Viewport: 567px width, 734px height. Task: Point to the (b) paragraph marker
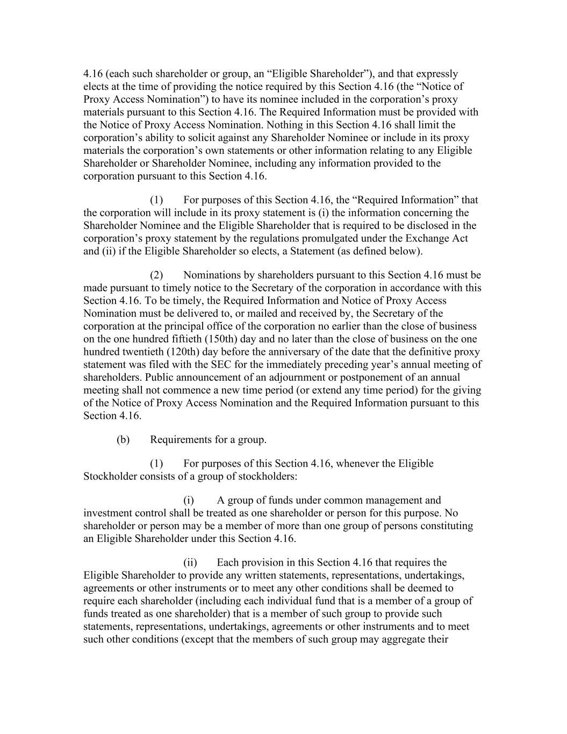coord(123,440)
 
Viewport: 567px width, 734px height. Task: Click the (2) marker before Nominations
coord(156,275)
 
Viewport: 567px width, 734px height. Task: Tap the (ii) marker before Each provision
coord(190,562)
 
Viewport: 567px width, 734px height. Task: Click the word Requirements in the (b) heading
coord(181,440)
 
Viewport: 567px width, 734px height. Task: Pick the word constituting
coord(447,525)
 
